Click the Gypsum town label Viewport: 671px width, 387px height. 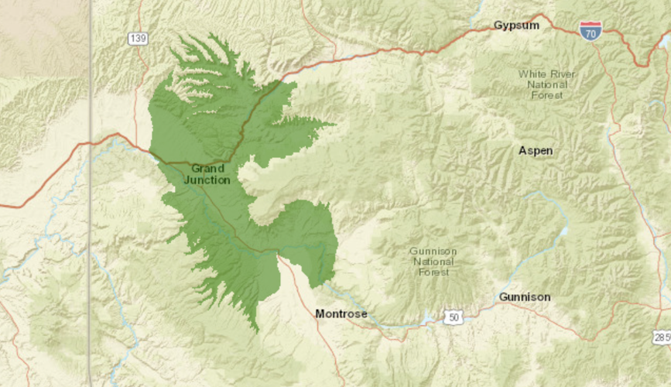(x=516, y=26)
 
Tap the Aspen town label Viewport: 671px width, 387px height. (x=536, y=150)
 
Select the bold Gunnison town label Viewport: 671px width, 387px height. (x=525, y=297)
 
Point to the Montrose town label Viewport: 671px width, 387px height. (x=341, y=313)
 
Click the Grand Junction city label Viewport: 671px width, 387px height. (x=207, y=173)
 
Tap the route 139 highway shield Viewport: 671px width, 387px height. (x=139, y=38)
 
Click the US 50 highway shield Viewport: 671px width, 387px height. (x=454, y=317)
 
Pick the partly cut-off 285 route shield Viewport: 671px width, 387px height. (x=662, y=337)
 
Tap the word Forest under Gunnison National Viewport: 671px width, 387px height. (x=433, y=272)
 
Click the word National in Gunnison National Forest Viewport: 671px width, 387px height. (x=433, y=262)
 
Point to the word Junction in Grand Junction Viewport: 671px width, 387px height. (x=207, y=180)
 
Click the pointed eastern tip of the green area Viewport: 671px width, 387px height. (x=334, y=123)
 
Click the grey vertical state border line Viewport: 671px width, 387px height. (x=90, y=193)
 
